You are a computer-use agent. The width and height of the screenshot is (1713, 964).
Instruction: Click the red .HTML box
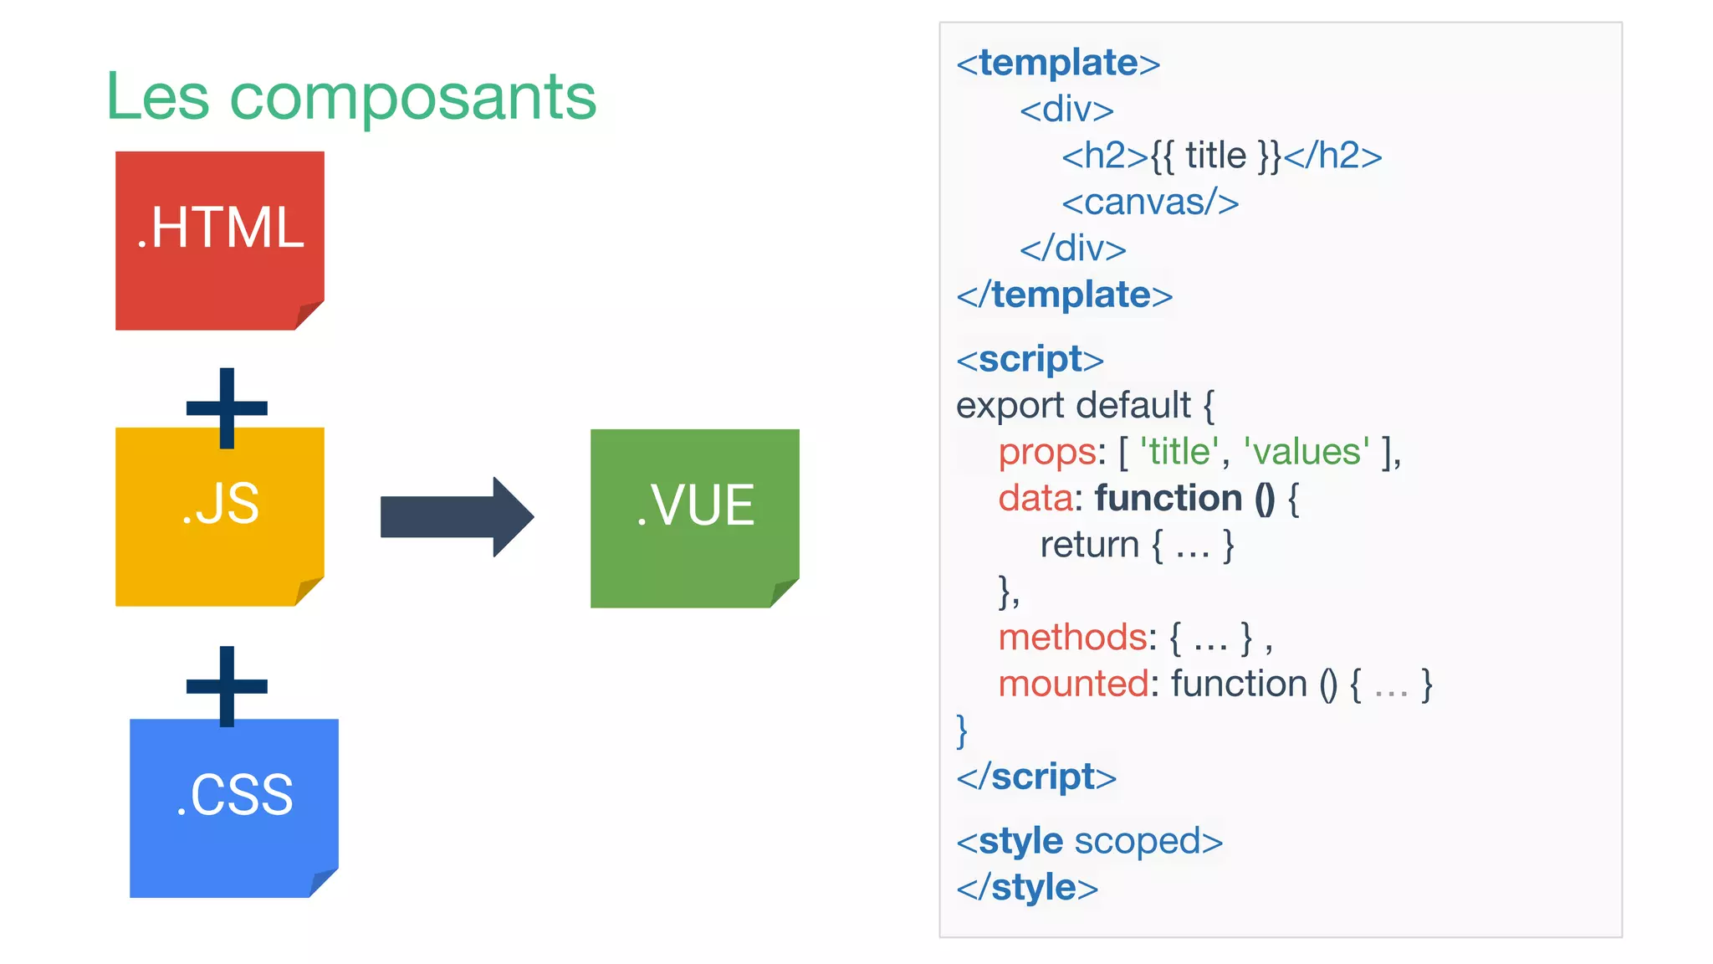click(219, 240)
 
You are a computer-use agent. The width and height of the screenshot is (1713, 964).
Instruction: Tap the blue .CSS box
click(234, 808)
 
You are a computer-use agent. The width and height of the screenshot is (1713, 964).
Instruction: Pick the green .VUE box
click(694, 518)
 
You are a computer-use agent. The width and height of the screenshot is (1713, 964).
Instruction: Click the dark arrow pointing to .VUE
click(456, 517)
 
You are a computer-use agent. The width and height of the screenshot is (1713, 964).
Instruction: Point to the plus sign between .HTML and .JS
click(227, 408)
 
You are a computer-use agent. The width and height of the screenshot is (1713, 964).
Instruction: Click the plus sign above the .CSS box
click(227, 686)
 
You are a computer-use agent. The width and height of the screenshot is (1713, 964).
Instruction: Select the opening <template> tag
click(1058, 63)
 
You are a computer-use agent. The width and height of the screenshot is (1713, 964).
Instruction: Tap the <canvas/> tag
click(1150, 203)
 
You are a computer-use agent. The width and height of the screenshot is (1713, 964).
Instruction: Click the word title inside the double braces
click(1215, 156)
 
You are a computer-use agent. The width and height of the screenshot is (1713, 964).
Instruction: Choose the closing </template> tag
click(1064, 295)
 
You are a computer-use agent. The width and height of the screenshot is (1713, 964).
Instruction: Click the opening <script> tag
click(1030, 360)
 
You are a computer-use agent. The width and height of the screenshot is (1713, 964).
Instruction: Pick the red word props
click(1047, 452)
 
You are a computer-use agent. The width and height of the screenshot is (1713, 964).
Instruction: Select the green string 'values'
click(1306, 452)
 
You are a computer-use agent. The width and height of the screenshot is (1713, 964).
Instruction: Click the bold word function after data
click(1168, 499)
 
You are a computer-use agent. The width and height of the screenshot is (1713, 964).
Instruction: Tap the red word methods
click(1073, 638)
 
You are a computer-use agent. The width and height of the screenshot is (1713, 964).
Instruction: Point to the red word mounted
click(1073, 685)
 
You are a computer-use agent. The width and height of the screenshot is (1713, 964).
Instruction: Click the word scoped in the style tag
click(1138, 841)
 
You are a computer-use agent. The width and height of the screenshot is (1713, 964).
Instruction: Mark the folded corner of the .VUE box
click(785, 592)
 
